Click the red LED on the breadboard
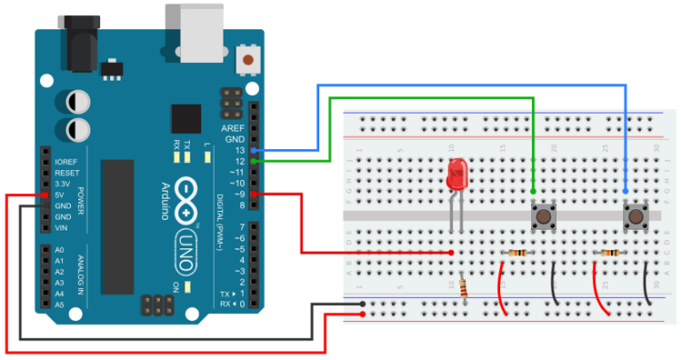click(x=458, y=174)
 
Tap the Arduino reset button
click(x=251, y=60)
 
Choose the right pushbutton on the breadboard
click(x=635, y=215)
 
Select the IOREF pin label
click(x=67, y=162)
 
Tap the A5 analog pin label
click(x=59, y=304)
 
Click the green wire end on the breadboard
click(x=533, y=191)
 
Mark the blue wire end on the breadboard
click(x=626, y=191)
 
